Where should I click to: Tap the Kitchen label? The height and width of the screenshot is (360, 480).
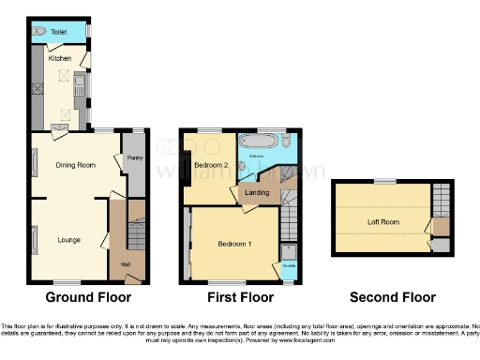tap(60, 58)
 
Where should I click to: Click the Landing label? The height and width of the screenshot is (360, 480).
tap(257, 193)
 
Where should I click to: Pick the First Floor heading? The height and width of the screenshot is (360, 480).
tap(240, 298)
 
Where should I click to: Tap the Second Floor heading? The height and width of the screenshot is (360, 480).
tap(393, 298)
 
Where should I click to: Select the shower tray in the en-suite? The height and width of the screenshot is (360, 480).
tap(288, 253)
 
